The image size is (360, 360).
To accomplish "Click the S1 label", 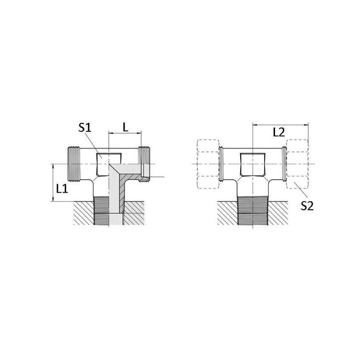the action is tap(85, 128).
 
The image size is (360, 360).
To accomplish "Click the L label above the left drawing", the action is tap(126, 127).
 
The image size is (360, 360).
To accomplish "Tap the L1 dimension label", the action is tap(62, 189).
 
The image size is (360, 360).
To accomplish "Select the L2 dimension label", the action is tap(279, 132).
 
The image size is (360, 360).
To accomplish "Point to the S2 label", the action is tap(307, 206).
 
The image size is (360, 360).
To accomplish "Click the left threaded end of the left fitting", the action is tap(74, 164).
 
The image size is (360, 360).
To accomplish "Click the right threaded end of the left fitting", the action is tap(144, 164).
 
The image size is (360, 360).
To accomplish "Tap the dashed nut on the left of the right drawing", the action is tap(208, 164).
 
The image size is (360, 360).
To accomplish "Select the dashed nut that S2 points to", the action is tap(297, 164).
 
